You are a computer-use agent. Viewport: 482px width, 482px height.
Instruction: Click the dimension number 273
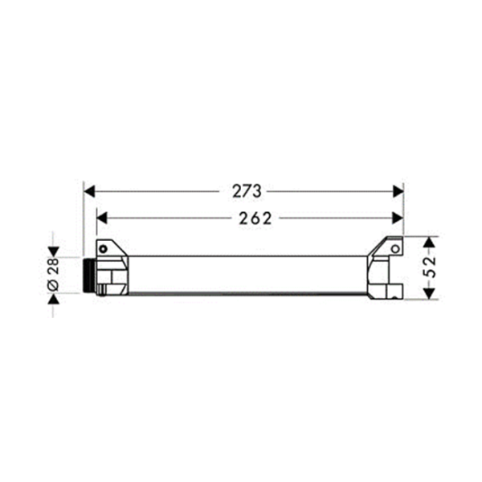pos(247,191)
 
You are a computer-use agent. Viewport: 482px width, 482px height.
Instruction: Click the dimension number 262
pos(255,219)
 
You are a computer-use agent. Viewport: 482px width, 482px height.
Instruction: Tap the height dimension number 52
pos(431,267)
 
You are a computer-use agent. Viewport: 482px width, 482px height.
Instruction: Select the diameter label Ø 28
pos(53,274)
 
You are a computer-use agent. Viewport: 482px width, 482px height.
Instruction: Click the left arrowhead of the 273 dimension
pos(89,191)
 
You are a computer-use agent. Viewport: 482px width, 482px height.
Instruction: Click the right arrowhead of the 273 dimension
pos(398,191)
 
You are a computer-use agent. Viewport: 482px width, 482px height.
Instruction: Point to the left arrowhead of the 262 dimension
pos(102,219)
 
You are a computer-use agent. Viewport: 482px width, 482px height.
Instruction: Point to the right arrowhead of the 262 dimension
pos(398,219)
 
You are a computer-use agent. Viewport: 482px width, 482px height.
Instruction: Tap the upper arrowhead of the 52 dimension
pos(430,243)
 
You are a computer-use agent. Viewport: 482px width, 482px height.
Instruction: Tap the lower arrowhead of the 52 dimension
pos(430,293)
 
